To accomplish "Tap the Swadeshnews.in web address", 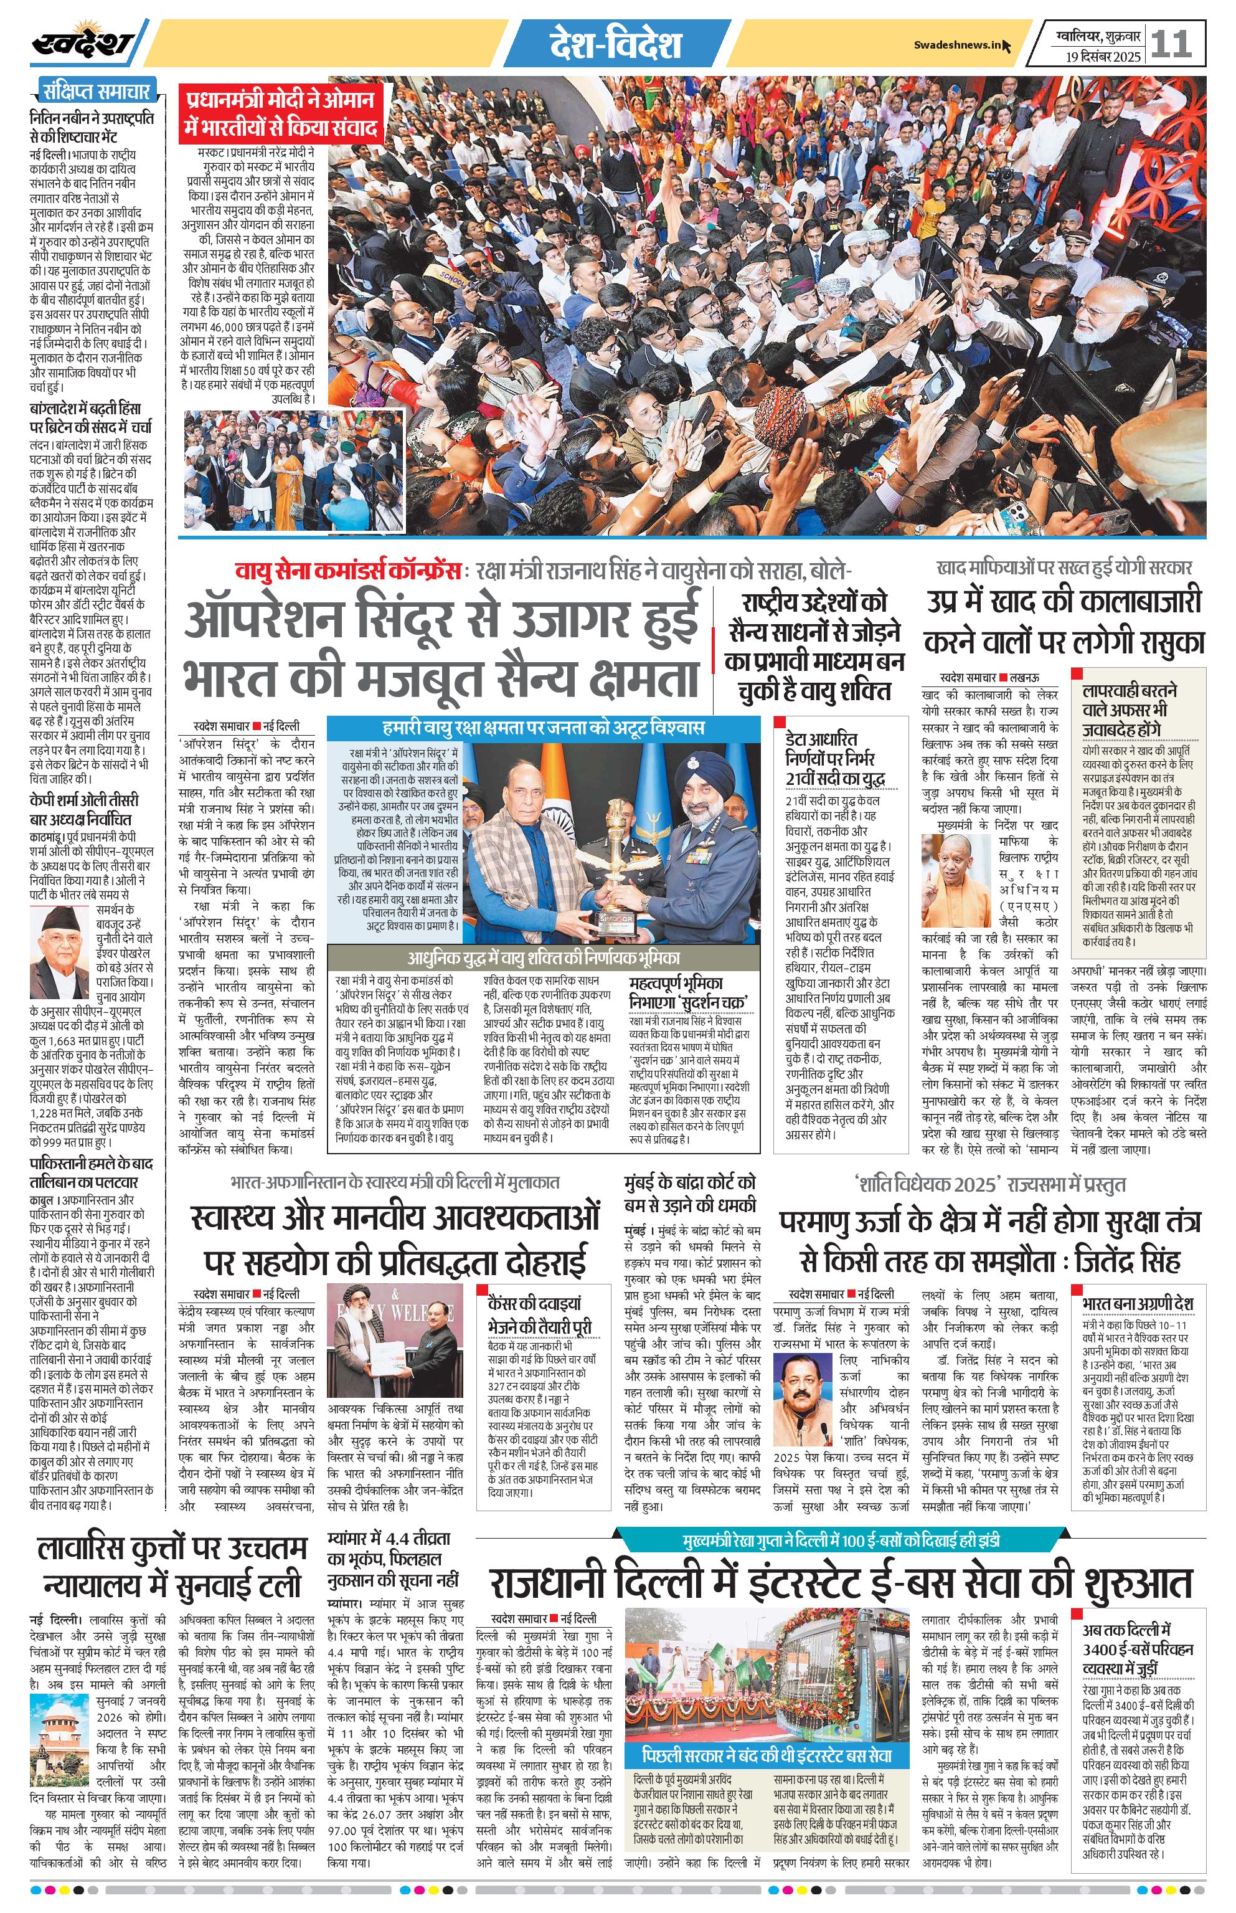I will [958, 45].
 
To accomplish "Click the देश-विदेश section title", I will [616, 45].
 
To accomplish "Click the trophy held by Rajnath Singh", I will [616, 884].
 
